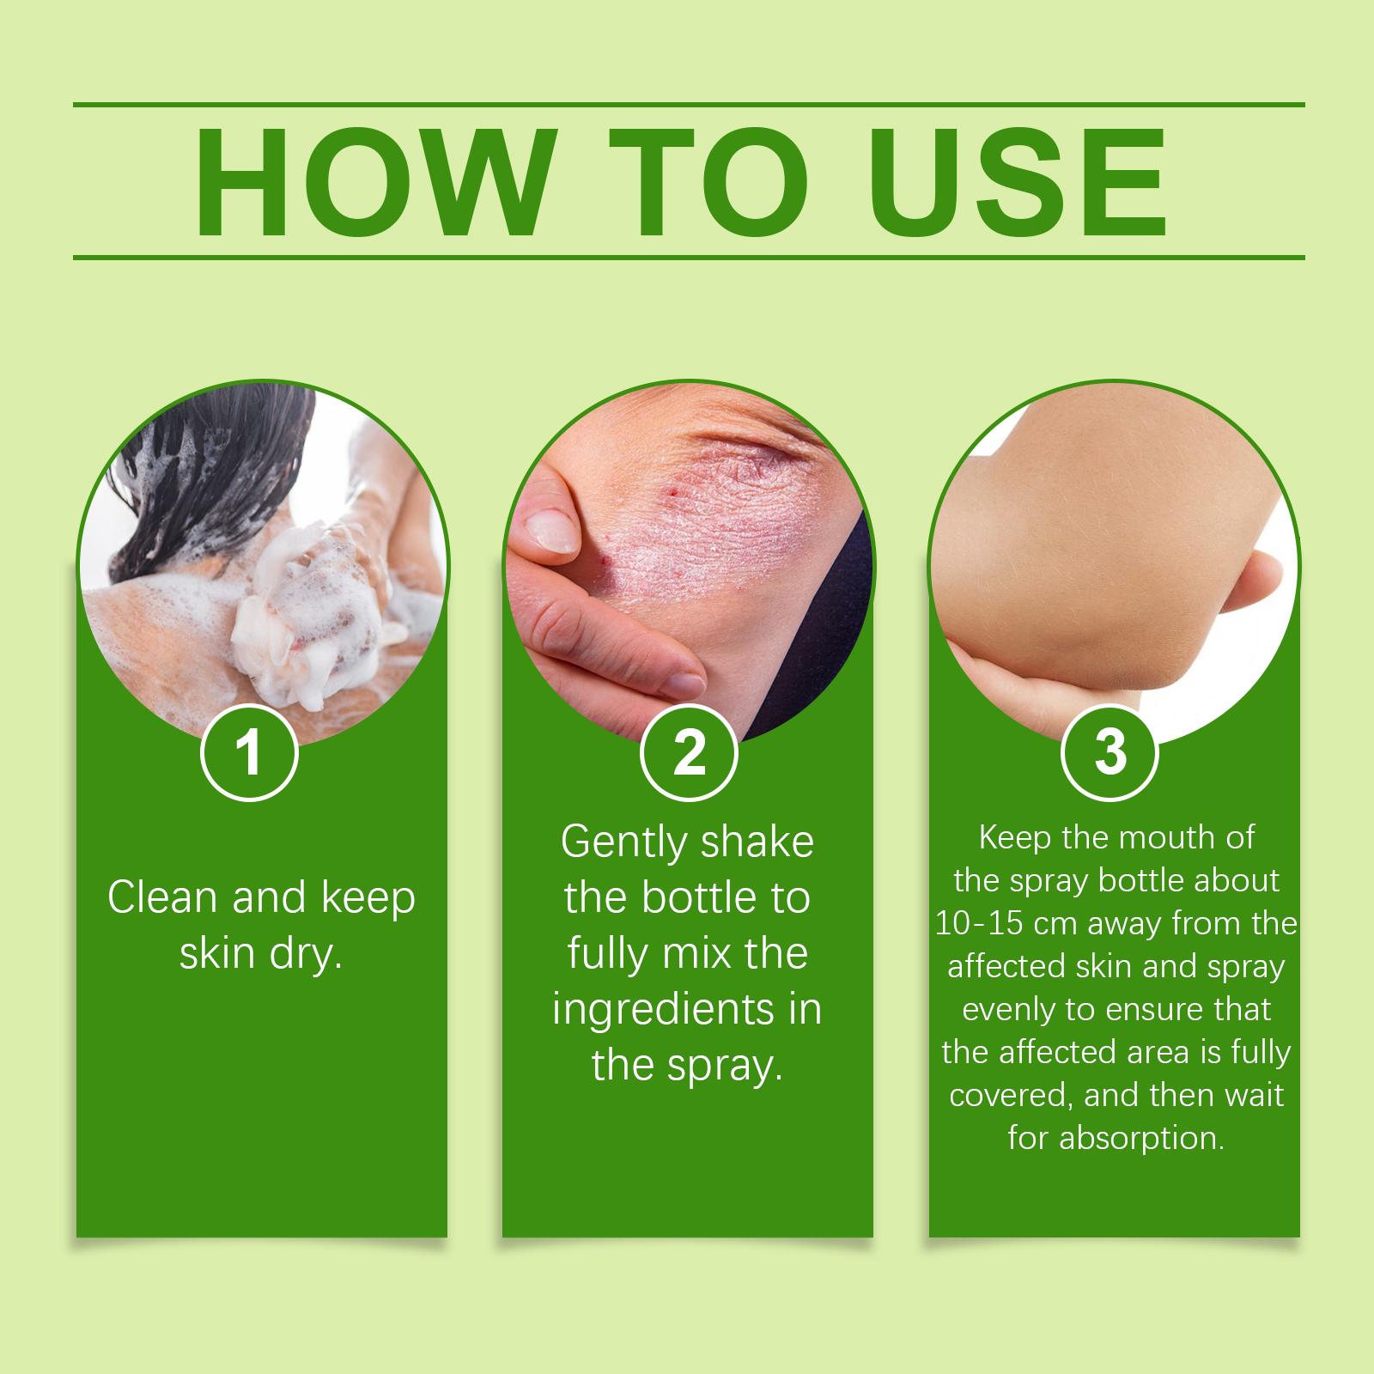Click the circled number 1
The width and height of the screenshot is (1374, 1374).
(x=249, y=752)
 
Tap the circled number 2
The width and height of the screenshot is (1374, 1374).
(x=689, y=752)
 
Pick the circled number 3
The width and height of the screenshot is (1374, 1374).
(x=1110, y=752)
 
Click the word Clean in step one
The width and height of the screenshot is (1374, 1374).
(x=162, y=898)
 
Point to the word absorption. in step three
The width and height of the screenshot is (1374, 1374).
(x=1140, y=1140)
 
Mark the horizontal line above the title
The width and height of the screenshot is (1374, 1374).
(x=689, y=105)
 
